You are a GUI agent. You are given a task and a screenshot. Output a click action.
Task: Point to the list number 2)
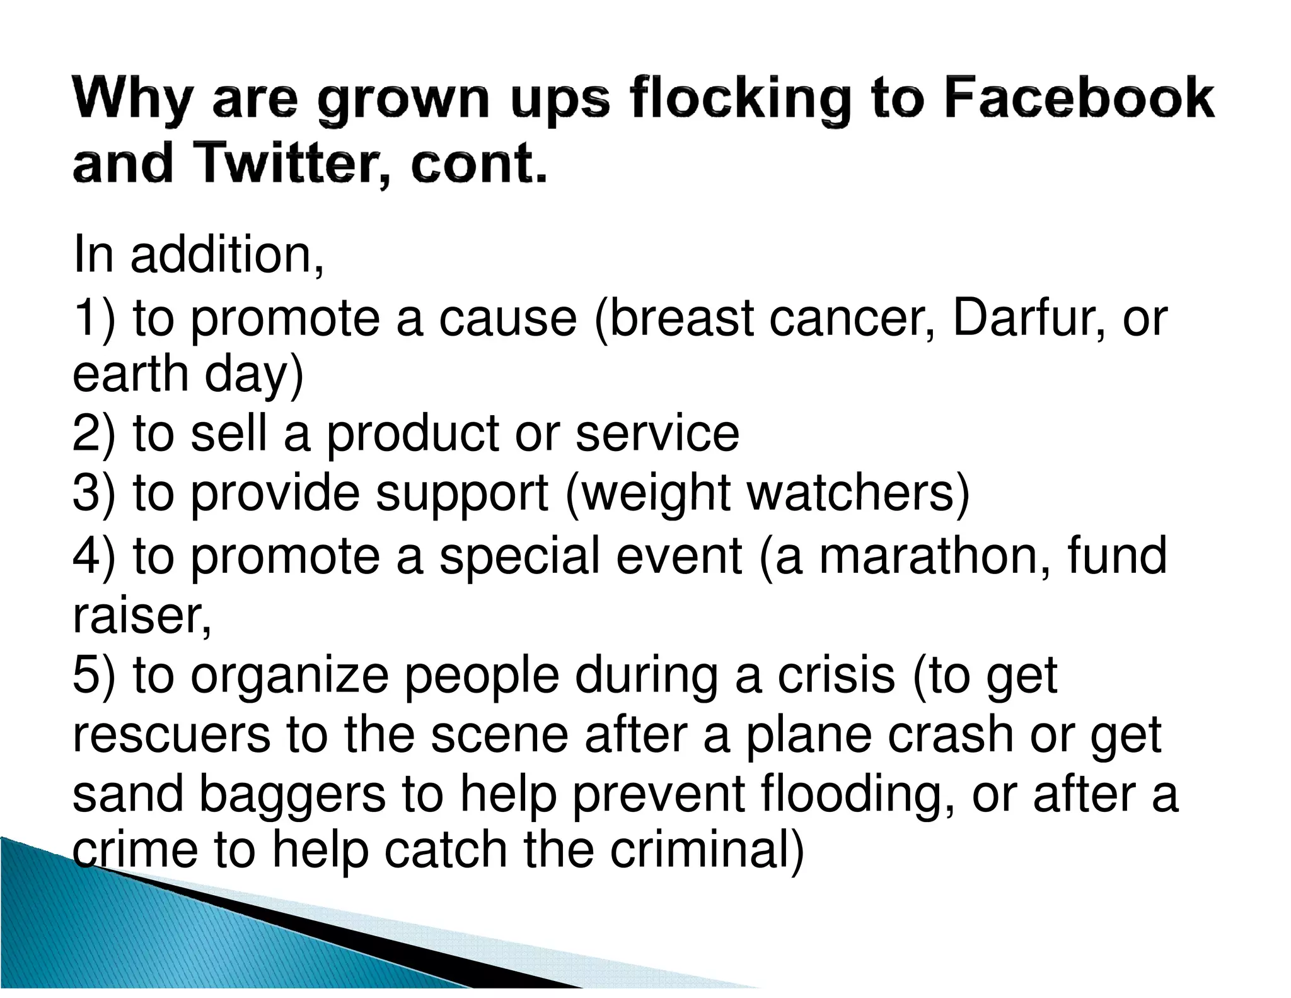94,433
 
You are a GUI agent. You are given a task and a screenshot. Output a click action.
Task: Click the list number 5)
94,675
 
